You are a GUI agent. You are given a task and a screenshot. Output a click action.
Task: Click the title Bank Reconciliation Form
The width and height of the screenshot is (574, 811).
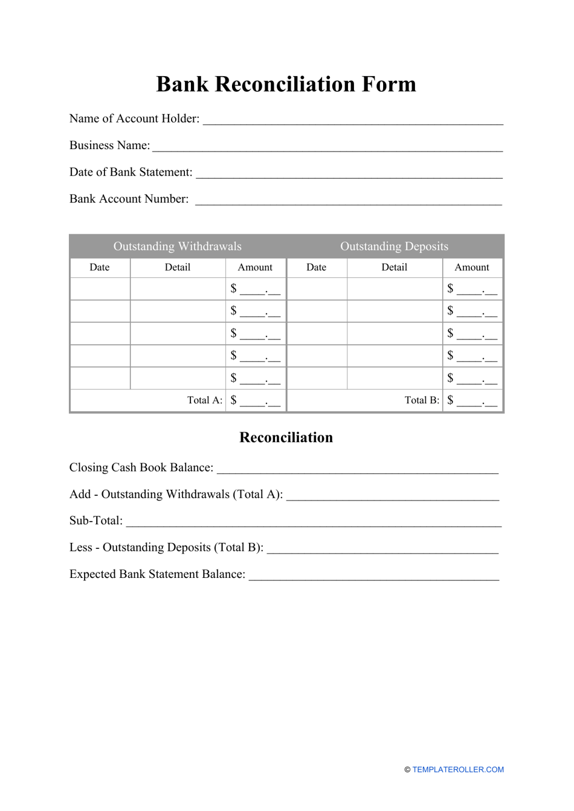coord(286,84)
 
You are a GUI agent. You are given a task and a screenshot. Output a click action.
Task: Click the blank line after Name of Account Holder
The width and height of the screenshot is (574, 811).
coord(352,121)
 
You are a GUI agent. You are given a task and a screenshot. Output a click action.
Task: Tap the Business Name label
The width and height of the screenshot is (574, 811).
coord(109,146)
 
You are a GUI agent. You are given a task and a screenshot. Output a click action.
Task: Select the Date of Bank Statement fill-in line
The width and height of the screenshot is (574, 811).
coord(349,175)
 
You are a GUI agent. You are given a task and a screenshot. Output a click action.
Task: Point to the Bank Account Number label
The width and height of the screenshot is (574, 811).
coord(129,199)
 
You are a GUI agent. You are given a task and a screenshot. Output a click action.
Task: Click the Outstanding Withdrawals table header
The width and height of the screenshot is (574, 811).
coord(178,246)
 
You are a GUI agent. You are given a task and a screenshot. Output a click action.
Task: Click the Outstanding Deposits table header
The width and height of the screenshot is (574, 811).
coord(394,246)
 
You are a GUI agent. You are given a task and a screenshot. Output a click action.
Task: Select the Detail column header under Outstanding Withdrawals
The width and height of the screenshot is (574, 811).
coord(178,268)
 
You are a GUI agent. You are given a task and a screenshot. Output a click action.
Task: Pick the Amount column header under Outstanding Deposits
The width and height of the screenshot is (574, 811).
coord(472,268)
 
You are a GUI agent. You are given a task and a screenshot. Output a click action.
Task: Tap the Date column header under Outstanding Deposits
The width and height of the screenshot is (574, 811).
coord(316,268)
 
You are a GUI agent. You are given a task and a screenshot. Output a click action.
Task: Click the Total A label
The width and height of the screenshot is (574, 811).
coord(205,400)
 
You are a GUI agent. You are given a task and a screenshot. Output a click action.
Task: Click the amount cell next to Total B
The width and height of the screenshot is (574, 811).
coord(472,401)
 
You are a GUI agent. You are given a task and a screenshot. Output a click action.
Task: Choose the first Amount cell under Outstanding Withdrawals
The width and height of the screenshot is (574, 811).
coord(256,289)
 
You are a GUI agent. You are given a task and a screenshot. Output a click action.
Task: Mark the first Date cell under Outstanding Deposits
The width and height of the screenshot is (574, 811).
coord(317,289)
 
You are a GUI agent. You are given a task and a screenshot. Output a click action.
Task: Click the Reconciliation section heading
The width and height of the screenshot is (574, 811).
coord(286,438)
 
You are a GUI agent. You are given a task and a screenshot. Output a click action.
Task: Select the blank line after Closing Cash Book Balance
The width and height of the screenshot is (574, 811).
coord(357,470)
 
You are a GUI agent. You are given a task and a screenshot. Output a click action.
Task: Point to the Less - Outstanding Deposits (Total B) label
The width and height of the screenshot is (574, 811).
coord(166,548)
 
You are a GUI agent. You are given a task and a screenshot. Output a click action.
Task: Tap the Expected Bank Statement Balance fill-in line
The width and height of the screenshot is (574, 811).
coord(373,577)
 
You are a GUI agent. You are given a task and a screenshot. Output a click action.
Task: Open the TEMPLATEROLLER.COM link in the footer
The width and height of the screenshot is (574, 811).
coord(458,770)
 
